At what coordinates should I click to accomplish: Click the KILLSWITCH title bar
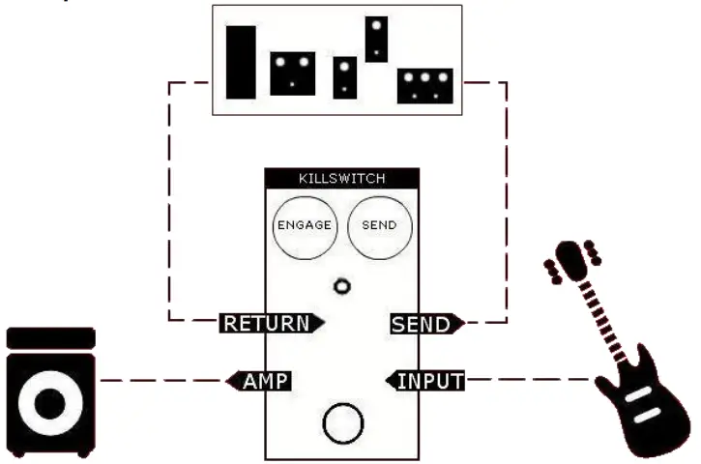(341, 179)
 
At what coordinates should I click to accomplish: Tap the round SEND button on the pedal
(380, 225)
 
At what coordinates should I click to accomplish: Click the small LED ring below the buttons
(341, 286)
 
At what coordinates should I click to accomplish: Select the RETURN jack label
(268, 324)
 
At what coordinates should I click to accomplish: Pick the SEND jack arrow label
(424, 324)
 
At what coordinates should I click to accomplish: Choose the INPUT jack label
(426, 380)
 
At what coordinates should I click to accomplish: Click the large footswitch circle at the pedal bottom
(342, 423)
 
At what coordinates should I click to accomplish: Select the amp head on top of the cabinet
(50, 338)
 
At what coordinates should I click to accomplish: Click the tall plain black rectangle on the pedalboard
(241, 63)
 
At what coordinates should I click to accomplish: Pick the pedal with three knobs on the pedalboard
(425, 85)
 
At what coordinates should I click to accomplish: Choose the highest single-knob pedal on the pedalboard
(376, 39)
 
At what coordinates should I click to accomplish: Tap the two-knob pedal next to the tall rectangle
(292, 72)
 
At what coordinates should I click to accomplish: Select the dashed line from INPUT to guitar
(527, 380)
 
